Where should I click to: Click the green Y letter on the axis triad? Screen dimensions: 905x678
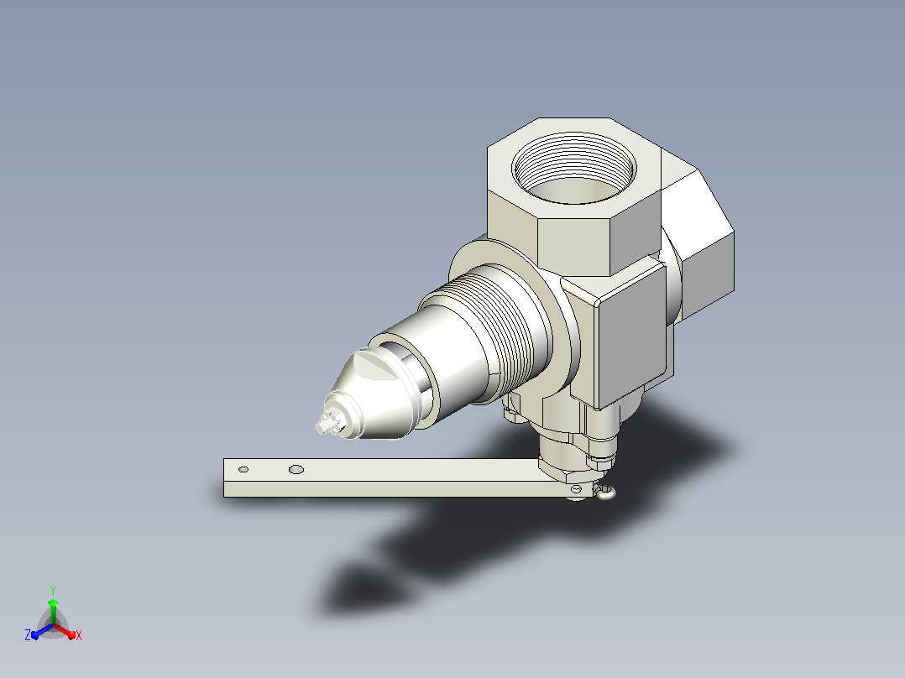coord(53,590)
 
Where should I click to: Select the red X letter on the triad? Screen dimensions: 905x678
coord(79,635)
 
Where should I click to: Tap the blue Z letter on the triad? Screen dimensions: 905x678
coord(28,635)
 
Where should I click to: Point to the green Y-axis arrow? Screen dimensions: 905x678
coord(53,611)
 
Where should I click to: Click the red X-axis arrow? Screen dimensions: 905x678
coord(65,631)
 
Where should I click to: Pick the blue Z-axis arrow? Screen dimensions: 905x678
coord(42,631)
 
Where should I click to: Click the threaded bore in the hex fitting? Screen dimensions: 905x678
coord(573,168)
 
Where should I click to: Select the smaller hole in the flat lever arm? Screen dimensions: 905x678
coord(243,470)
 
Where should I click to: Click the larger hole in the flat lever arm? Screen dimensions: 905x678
coord(296,470)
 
